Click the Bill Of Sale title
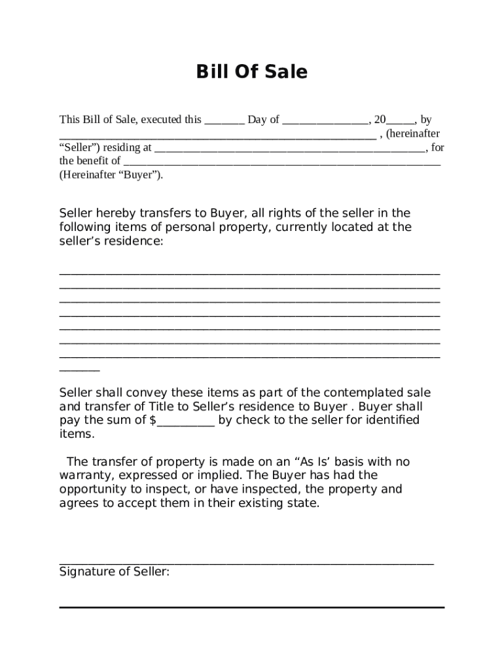point(251,72)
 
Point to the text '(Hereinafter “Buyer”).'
point(111,175)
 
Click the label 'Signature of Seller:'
point(115,572)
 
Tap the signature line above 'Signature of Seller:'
point(246,563)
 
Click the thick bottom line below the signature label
point(251,608)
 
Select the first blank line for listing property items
point(249,273)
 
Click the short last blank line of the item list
point(79,370)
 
